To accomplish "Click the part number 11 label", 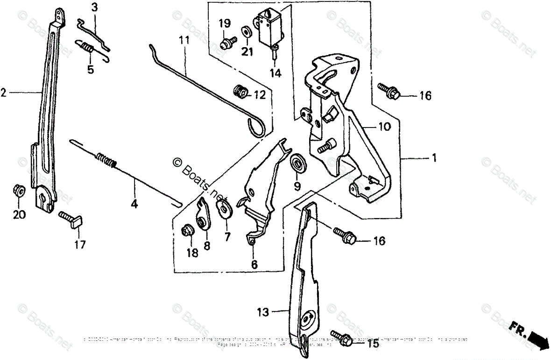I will pos(184,40).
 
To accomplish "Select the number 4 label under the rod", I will pos(134,204).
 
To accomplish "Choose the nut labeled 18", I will pos(187,231).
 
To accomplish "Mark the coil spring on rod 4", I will pos(107,161).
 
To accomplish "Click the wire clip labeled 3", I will pos(94,33).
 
